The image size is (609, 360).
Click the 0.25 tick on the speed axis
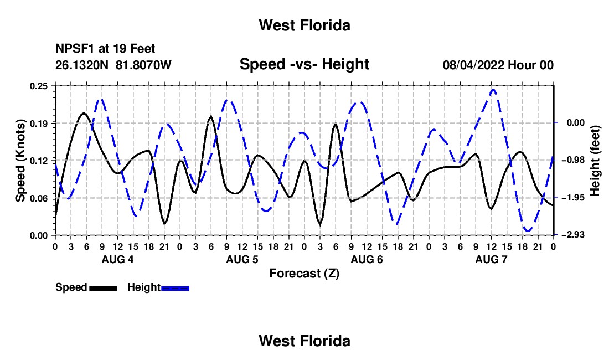pyautogui.click(x=39, y=86)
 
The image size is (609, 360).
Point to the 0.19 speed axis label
pyautogui.click(x=39, y=124)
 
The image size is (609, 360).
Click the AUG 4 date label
pyautogui.click(x=118, y=259)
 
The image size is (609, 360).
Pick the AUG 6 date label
pyautogui.click(x=367, y=259)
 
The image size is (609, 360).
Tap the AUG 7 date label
pyautogui.click(x=491, y=259)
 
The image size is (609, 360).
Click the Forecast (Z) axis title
pyautogui.click(x=304, y=274)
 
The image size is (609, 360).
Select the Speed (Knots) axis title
pyautogui.click(x=20, y=161)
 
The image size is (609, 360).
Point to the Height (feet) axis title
pyautogui.click(x=595, y=161)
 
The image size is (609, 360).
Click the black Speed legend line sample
pyautogui.click(x=104, y=288)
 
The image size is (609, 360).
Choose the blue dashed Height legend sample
pyautogui.click(x=175, y=288)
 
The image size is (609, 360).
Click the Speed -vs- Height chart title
pyautogui.click(x=304, y=64)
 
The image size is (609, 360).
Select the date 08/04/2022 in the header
pyautogui.click(x=474, y=65)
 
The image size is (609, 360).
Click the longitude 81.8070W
pyautogui.click(x=143, y=65)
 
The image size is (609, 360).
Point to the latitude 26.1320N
pyautogui.click(x=82, y=65)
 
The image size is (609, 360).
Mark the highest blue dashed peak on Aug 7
pyautogui.click(x=493, y=90)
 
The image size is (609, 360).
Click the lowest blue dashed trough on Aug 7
pyautogui.click(x=528, y=231)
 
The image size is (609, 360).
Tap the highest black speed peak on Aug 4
pyautogui.click(x=84, y=113)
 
